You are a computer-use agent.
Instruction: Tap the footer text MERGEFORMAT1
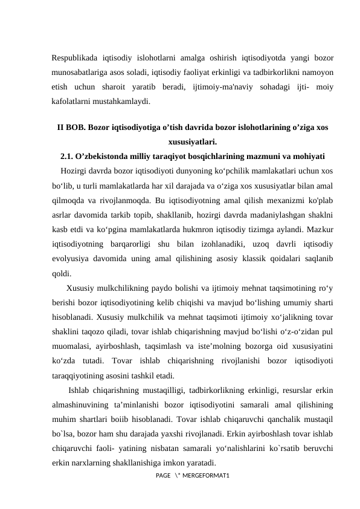point(214,478)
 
